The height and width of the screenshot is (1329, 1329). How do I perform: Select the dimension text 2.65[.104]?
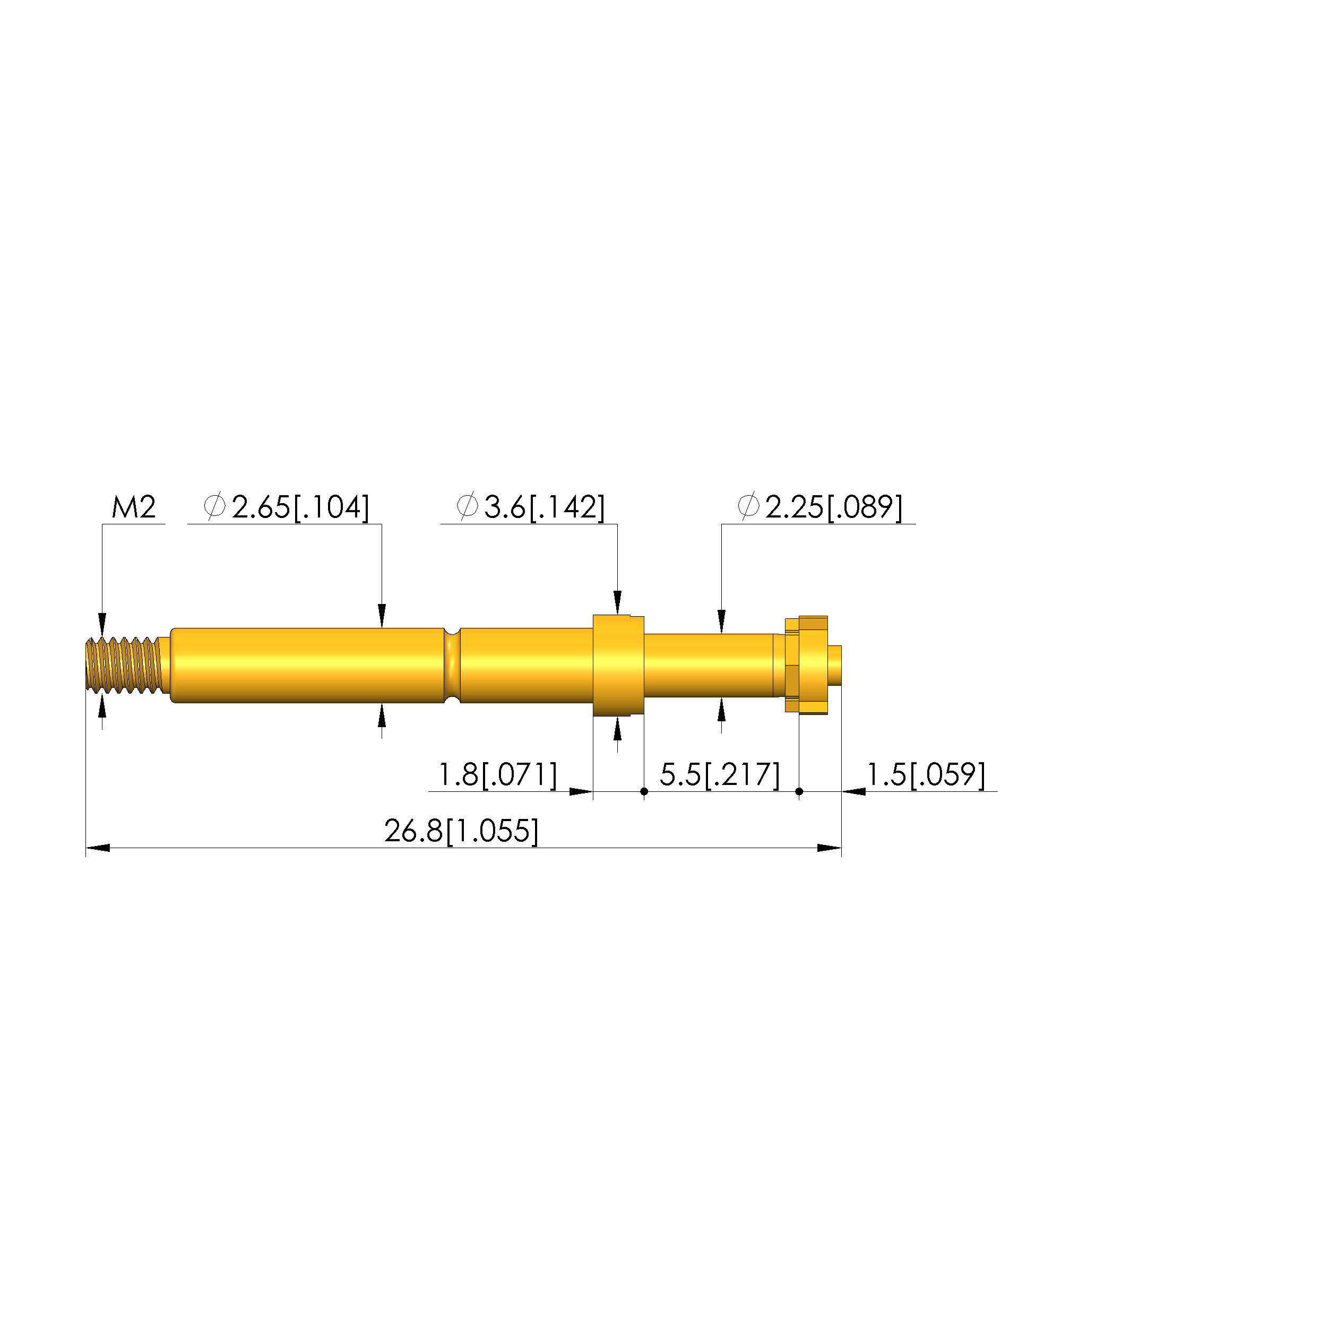[300, 507]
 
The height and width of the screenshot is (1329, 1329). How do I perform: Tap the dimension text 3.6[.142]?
[544, 507]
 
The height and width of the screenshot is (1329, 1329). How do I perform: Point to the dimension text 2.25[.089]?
[834, 507]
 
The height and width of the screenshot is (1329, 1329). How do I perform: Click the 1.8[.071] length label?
[497, 775]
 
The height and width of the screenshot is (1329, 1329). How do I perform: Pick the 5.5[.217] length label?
[720, 775]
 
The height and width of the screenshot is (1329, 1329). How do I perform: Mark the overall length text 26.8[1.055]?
[461, 832]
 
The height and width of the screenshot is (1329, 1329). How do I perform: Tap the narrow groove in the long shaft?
[452, 665]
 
